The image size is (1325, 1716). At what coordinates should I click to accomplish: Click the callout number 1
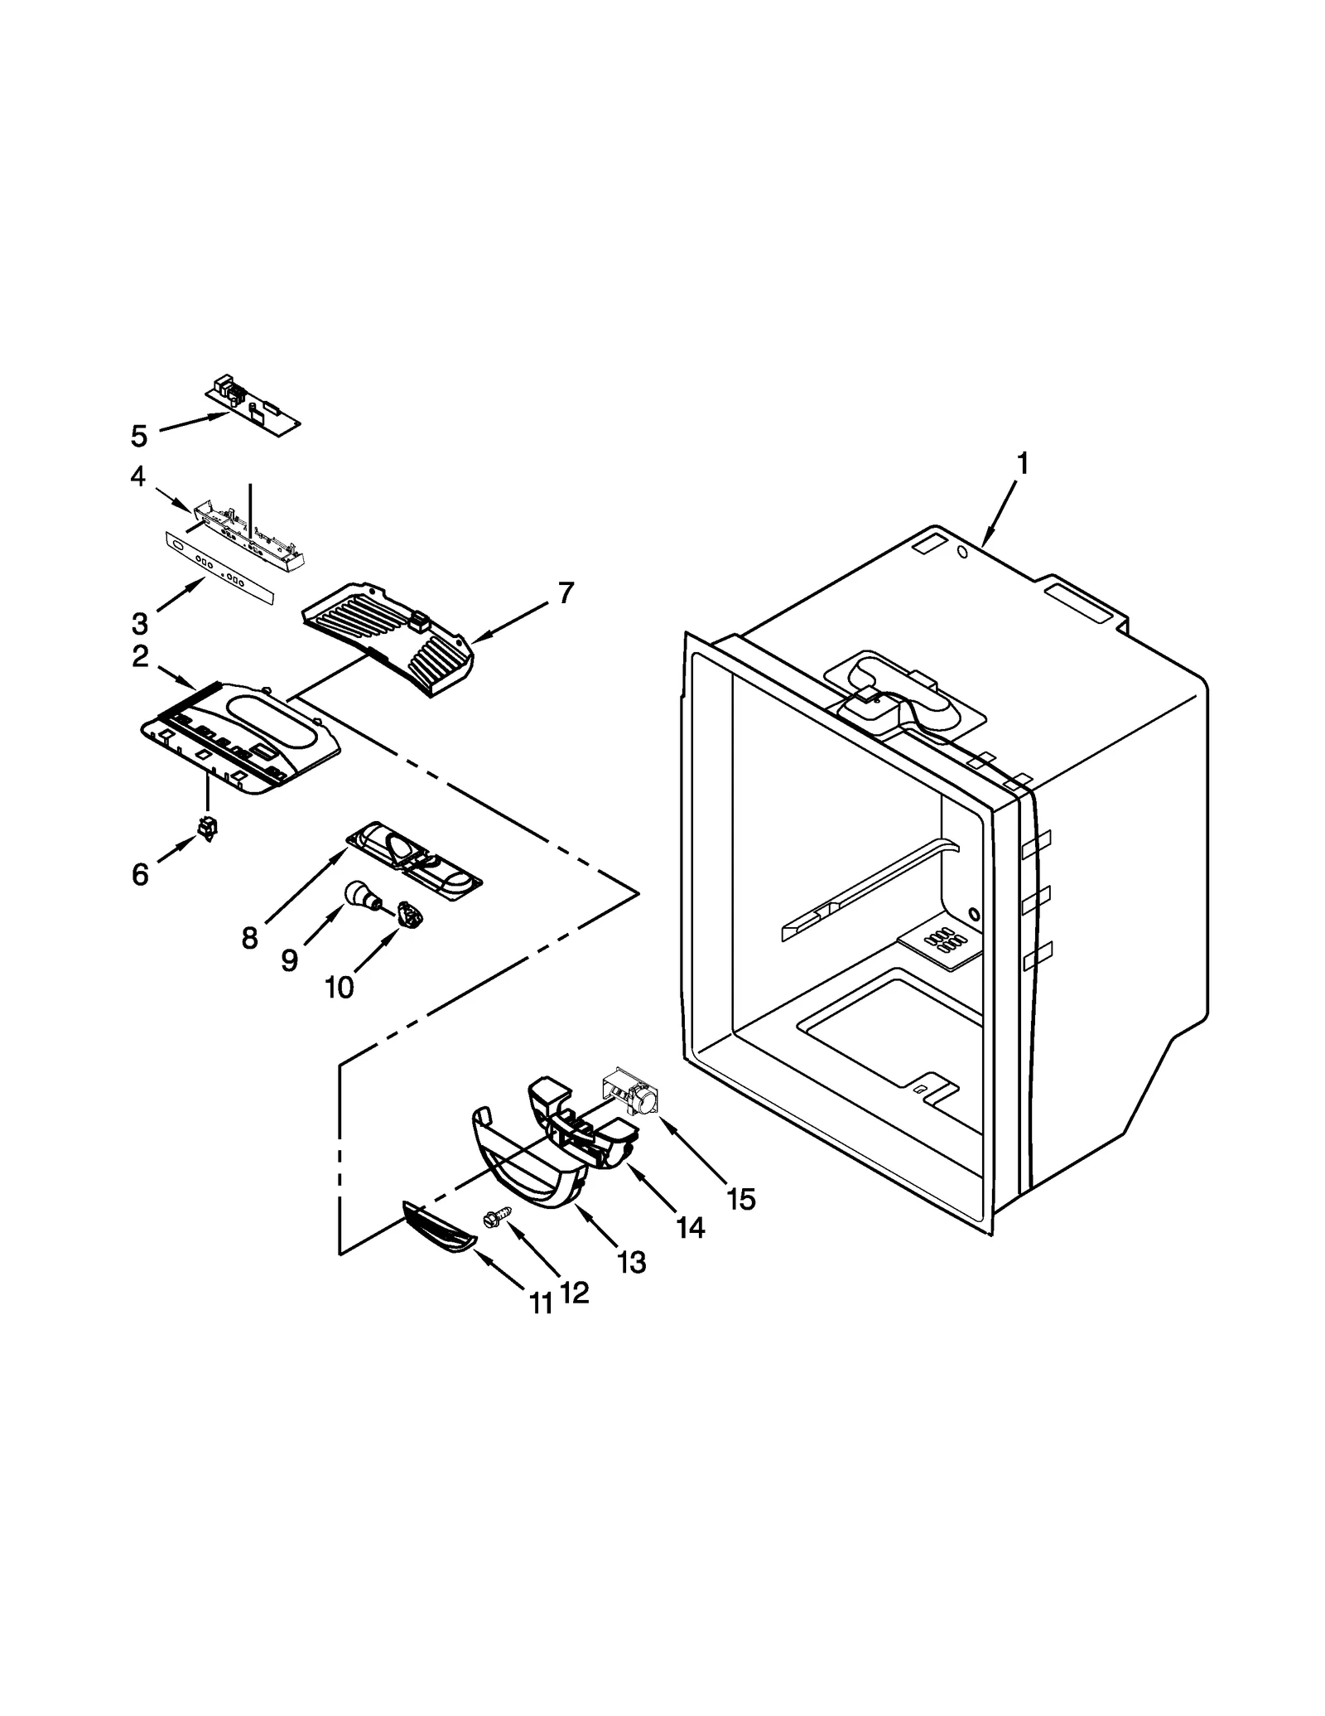(x=1023, y=463)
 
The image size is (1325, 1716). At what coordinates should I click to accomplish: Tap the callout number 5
(x=139, y=436)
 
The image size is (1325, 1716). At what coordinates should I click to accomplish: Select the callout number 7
(x=566, y=593)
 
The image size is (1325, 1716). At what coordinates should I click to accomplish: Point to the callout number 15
(x=740, y=1198)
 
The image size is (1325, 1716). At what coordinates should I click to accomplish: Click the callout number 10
(x=340, y=987)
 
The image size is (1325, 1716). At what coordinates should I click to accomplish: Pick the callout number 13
(x=631, y=1263)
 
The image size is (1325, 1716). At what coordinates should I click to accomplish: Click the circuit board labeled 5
(x=253, y=407)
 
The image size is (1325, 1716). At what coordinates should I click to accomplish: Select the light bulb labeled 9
(x=359, y=895)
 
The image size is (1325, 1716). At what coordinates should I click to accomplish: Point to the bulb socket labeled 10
(x=410, y=915)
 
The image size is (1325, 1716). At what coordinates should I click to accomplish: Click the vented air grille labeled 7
(x=389, y=631)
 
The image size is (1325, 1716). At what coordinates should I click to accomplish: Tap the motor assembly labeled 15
(x=629, y=1094)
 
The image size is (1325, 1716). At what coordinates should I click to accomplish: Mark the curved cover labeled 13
(x=530, y=1177)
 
